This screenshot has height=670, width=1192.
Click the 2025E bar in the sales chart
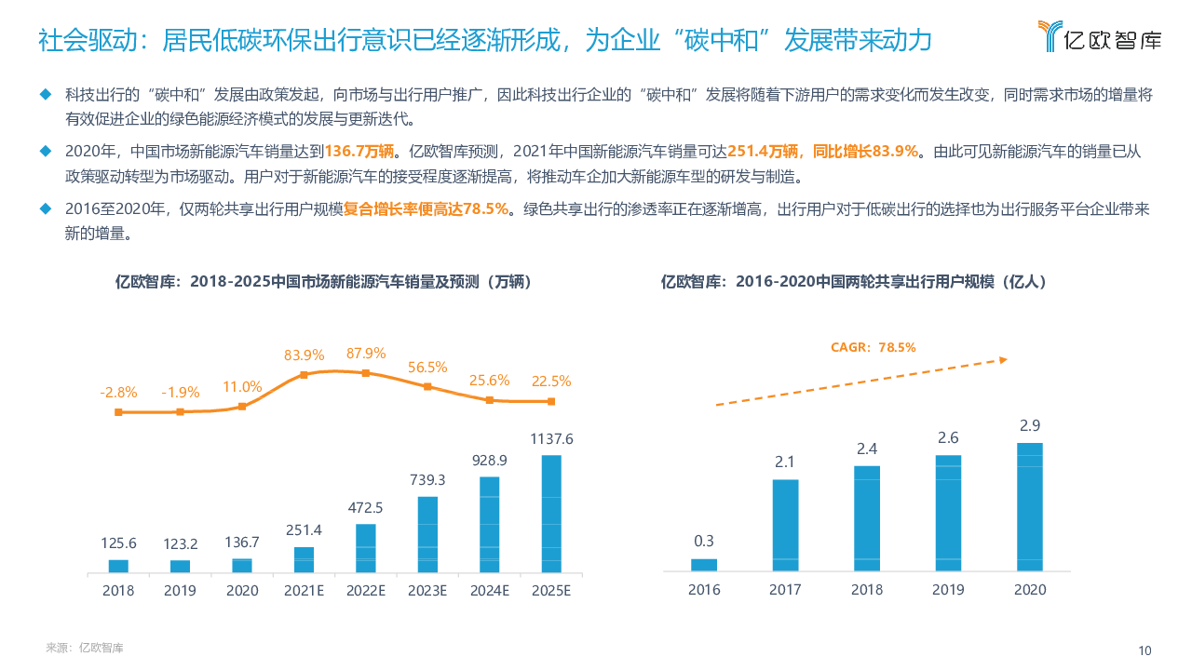pos(551,513)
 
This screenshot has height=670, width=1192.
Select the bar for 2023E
pos(427,533)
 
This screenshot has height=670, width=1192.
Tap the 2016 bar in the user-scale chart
pos(704,564)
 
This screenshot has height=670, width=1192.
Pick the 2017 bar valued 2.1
pos(785,525)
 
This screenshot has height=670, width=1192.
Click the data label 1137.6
pos(551,439)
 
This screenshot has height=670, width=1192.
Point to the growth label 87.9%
pos(366,354)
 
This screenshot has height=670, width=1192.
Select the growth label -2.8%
pos(118,393)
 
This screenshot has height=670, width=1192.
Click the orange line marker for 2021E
pos(305,375)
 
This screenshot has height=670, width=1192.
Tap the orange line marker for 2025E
pos(551,401)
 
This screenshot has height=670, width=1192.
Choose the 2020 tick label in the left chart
pos(242,590)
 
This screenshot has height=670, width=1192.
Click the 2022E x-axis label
pos(366,590)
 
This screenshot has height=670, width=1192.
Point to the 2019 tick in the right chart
pos(948,590)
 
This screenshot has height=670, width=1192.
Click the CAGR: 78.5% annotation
pos(873,347)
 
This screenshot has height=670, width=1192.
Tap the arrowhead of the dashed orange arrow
pos(1003,359)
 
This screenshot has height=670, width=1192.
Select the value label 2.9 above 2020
pos(1030,425)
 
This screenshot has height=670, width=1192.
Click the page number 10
pos(1145,650)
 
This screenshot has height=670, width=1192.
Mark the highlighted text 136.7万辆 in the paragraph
pos(362,151)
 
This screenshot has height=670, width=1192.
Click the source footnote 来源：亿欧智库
pos(85,648)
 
